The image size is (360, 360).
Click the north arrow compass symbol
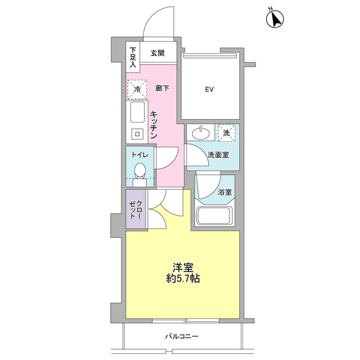pos(275,19)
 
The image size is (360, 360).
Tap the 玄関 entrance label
pos(157,53)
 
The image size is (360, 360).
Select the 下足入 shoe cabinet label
pos(133,57)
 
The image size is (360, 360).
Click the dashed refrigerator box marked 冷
pos(137,89)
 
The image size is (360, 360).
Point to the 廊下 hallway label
pos(163,88)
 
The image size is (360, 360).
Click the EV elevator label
pos(209,89)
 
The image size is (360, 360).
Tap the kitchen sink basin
pos(137,112)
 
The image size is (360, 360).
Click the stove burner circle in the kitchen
pos(137,134)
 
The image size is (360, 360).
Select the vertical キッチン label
pos(154,125)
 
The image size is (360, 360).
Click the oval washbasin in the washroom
pos(201,133)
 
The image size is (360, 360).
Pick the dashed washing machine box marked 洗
pos(227,133)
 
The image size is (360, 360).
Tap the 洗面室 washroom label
pos(218,155)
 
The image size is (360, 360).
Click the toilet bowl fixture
pos(140,174)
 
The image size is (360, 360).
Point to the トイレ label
pos(140,155)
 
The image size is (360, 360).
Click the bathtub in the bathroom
pos(214,215)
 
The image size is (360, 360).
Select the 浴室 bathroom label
pos(225,192)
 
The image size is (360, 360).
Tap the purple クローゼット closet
pos(136,209)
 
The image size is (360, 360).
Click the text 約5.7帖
pos(183,279)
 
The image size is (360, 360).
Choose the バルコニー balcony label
pos(182,337)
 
